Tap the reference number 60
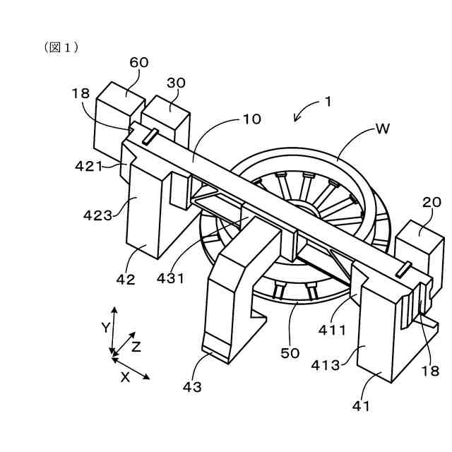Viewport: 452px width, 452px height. pos(139,62)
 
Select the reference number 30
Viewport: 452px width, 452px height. pos(176,83)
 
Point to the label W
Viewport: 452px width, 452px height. pos(382,129)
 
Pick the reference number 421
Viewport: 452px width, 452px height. pos(89,167)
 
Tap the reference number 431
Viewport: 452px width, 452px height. pos(169,278)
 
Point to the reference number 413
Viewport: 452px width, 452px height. pos(326,365)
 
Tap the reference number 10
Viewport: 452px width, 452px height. pos(251,119)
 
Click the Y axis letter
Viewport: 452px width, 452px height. pos(105,327)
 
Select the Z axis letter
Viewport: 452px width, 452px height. pos(136,346)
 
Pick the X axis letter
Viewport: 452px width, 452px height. pos(125,376)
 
